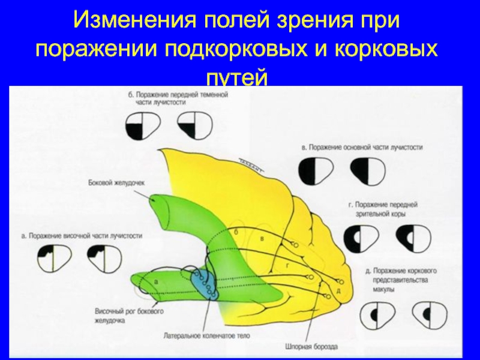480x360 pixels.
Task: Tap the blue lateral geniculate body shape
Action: pos(203,282)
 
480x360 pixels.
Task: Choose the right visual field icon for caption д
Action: pos(427,314)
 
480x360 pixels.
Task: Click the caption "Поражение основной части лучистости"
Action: pos(362,146)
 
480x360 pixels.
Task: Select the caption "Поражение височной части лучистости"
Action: pos(81,236)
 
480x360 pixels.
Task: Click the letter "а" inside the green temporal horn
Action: pos(155,281)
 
